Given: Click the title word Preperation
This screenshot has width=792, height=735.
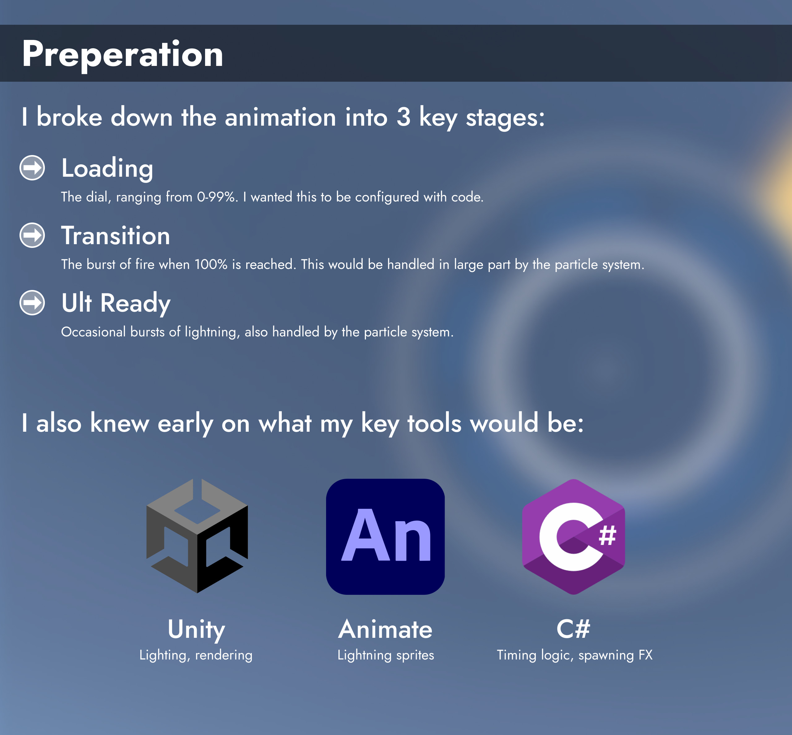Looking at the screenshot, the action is [x=123, y=54].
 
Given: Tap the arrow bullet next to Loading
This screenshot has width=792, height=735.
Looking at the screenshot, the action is [x=32, y=168].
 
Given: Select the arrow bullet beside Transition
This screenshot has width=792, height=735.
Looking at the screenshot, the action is [x=32, y=235].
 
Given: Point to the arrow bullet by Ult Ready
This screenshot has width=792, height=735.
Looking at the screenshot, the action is [x=32, y=303].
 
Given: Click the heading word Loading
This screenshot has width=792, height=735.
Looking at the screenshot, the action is [x=107, y=169].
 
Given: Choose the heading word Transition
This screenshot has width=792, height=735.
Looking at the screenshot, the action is [x=116, y=236].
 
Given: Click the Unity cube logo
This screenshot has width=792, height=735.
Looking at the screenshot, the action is [x=197, y=536].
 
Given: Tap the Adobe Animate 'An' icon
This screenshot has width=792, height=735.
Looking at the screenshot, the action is [x=385, y=537].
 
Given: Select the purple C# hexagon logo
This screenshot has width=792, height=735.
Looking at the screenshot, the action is [x=573, y=537].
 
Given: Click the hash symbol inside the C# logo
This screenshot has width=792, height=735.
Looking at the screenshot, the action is [x=608, y=535].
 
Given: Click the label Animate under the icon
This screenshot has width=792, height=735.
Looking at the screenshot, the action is [x=385, y=629].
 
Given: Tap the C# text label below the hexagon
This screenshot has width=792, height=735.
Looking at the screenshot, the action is [x=573, y=629].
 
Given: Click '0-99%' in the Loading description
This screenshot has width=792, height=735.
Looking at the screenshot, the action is [x=217, y=197].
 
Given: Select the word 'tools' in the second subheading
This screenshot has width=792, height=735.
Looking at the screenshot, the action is [x=434, y=423].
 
